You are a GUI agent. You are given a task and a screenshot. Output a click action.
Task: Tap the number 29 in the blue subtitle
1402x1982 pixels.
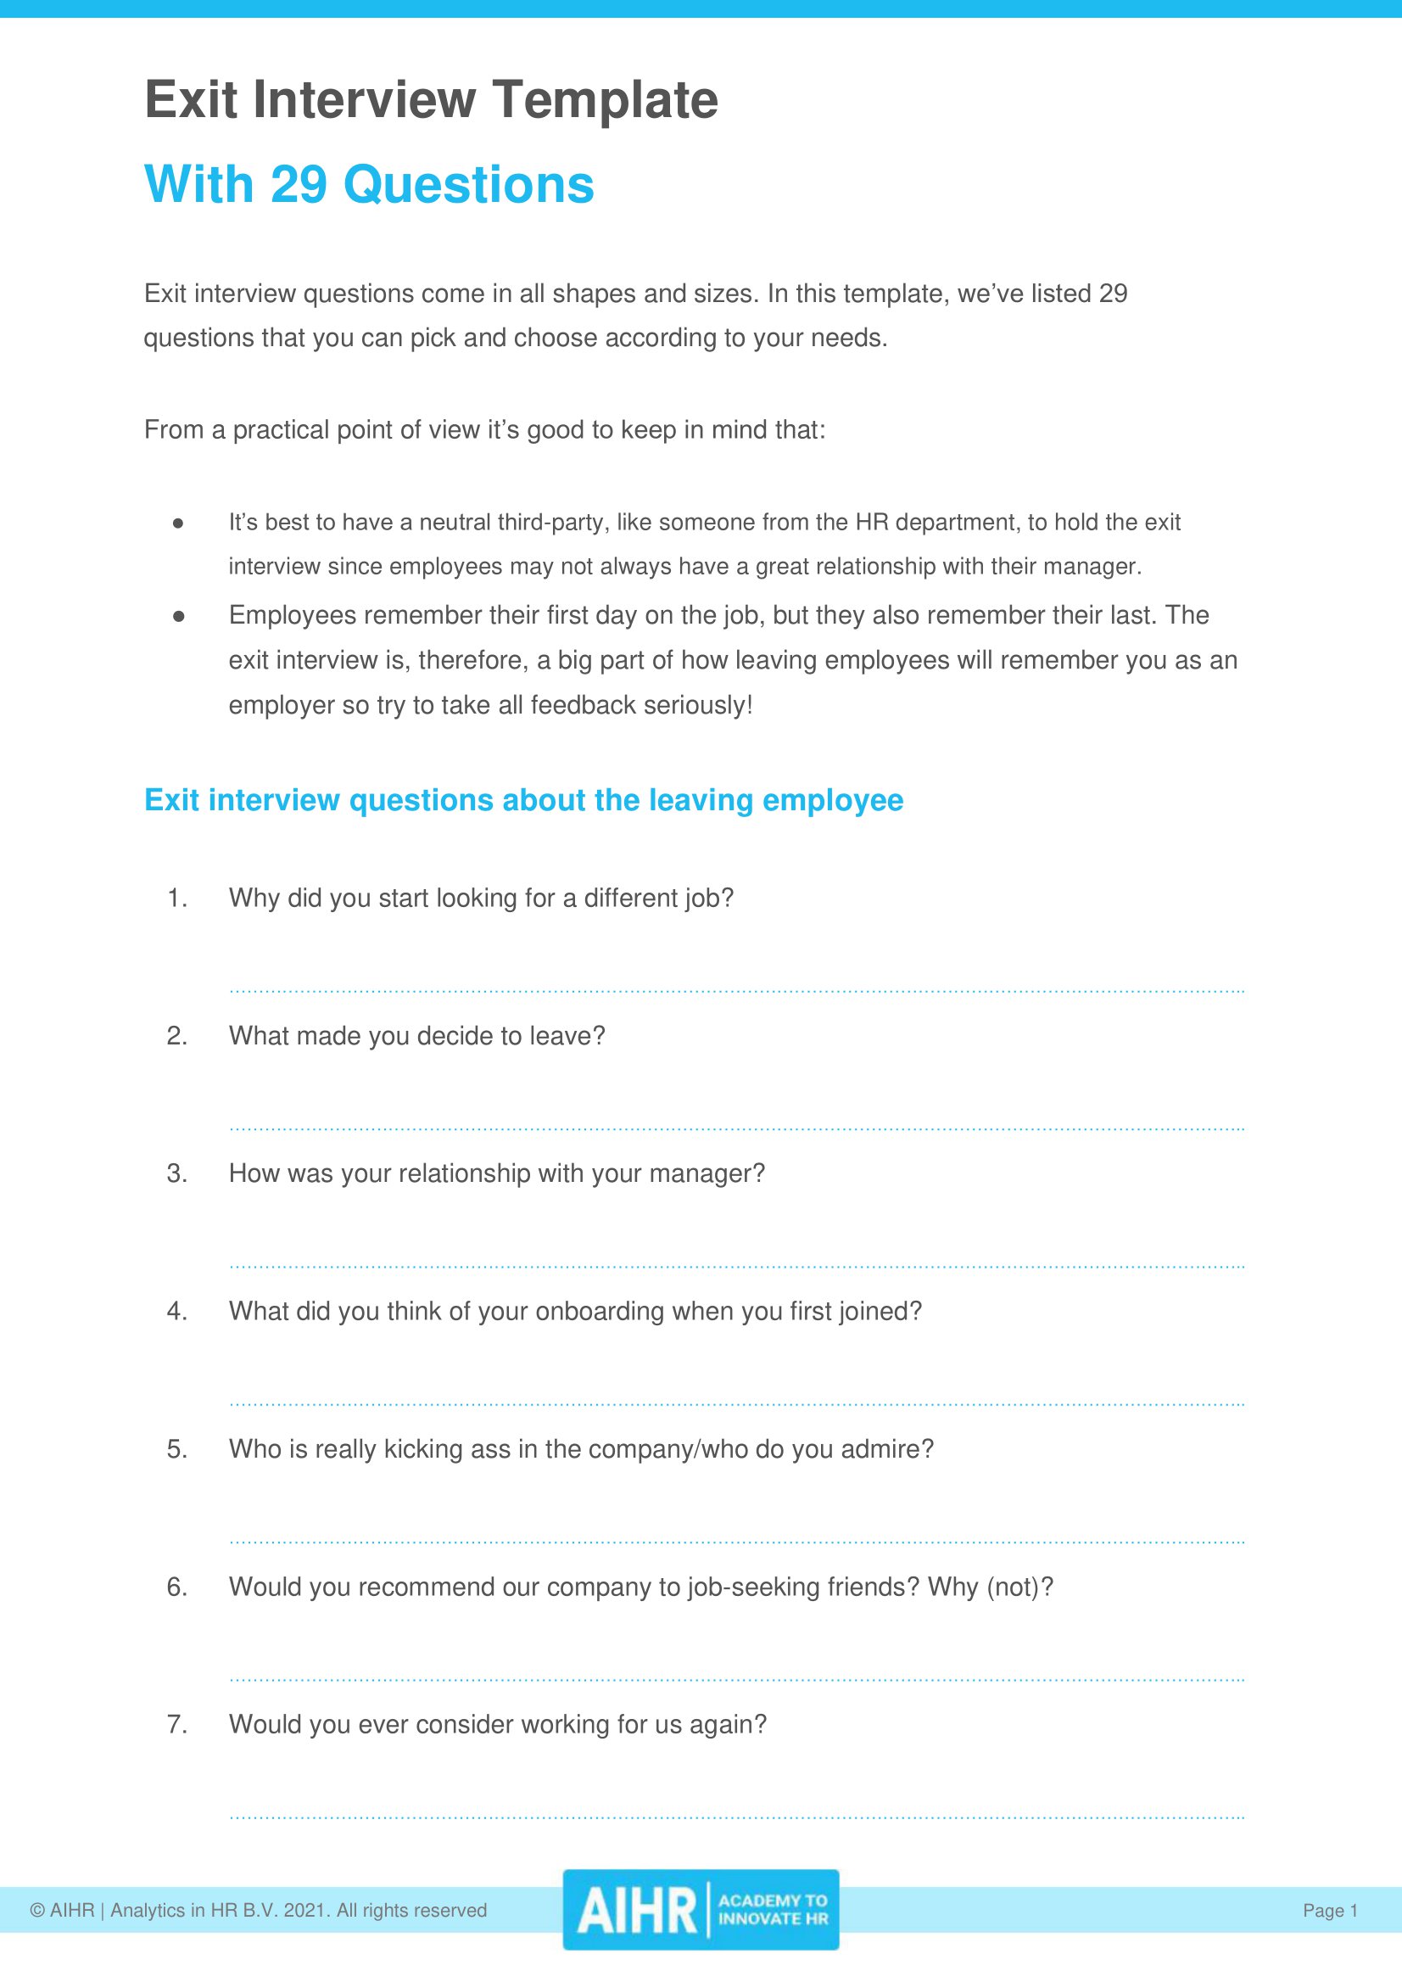click(x=299, y=185)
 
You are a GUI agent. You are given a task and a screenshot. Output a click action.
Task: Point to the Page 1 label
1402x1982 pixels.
click(x=1330, y=1911)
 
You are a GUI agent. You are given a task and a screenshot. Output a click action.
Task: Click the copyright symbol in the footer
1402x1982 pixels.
click(x=37, y=1911)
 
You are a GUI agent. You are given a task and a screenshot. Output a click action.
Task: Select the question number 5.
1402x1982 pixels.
click(x=176, y=1449)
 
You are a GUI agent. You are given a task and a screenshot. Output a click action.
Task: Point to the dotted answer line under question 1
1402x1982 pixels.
click(x=736, y=992)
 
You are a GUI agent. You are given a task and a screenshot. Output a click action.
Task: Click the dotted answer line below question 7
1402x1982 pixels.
click(x=736, y=1818)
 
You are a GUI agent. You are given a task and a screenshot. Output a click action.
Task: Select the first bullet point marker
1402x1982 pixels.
click(x=178, y=523)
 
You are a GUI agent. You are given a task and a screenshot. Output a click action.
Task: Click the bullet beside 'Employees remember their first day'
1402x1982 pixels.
click(x=178, y=616)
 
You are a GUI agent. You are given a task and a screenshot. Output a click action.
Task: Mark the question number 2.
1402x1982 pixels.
click(x=176, y=1035)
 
